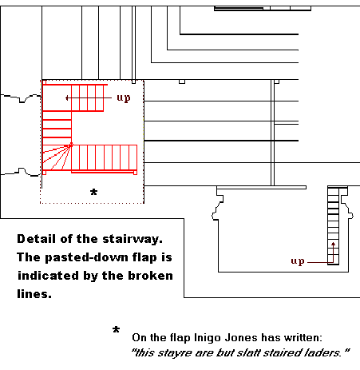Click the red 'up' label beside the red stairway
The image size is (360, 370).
point(124,98)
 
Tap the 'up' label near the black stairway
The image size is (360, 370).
point(298,261)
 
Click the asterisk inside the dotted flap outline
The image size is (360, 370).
point(93,192)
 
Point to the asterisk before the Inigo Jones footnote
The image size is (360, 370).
point(116,330)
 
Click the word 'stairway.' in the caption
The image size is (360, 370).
point(133,239)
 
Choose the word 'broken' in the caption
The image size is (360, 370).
point(151,276)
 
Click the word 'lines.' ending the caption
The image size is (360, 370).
point(34,294)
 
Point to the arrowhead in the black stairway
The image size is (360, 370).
point(333,244)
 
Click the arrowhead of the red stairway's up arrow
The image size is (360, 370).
point(67,98)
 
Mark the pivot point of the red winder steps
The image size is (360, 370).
point(71,145)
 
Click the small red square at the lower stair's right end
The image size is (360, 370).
point(135,173)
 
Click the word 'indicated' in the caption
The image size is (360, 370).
point(48,276)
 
